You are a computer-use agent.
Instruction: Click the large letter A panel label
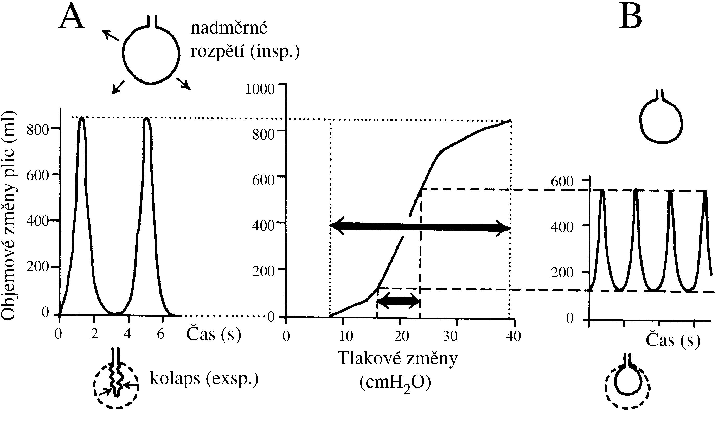[72, 17]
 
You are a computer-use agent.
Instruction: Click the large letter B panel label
[631, 17]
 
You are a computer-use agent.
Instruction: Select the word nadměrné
[229, 28]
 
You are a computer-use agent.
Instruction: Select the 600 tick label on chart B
[562, 182]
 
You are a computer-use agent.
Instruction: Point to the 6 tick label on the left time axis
[161, 334]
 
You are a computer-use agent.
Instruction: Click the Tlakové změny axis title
[397, 358]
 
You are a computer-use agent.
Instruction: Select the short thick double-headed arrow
[399, 301]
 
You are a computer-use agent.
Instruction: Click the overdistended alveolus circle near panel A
[151, 54]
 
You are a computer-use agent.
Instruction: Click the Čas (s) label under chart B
[673, 340]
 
